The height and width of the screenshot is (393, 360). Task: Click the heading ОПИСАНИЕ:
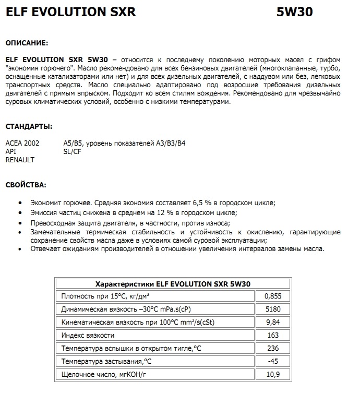tap(27, 42)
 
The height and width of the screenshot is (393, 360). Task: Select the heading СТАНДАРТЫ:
tap(28, 127)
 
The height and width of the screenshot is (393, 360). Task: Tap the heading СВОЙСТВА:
tap(26, 185)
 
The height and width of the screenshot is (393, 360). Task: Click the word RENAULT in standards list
tap(20, 160)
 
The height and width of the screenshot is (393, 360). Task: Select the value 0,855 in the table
tap(273, 296)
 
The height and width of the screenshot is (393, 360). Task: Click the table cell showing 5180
tap(273, 309)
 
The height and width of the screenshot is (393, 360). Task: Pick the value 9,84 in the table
tap(273, 322)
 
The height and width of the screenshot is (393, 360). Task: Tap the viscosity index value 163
tap(273, 335)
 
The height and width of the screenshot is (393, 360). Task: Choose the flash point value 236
tap(273, 348)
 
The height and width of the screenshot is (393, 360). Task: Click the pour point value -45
tap(273, 361)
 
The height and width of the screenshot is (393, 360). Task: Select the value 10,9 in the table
tap(273, 374)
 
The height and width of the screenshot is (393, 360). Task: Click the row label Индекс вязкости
tap(88, 335)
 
